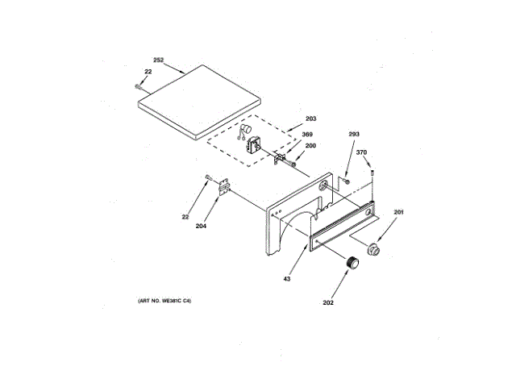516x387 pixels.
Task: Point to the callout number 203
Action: pyautogui.click(x=310, y=119)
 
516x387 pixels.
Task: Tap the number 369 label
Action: pyautogui.click(x=307, y=135)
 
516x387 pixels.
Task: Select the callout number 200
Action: pyautogui.click(x=310, y=146)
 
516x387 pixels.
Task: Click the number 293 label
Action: pyautogui.click(x=354, y=135)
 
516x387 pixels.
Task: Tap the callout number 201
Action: pyautogui.click(x=398, y=212)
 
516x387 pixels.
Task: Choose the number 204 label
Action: pyautogui.click(x=201, y=226)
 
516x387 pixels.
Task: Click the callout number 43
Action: pyautogui.click(x=286, y=281)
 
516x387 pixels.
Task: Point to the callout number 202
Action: pyautogui.click(x=328, y=303)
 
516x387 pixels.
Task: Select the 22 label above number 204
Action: pyautogui.click(x=186, y=215)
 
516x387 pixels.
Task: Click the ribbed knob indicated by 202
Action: pyautogui.click(x=351, y=264)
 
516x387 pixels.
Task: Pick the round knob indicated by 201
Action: pyautogui.click(x=372, y=249)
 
